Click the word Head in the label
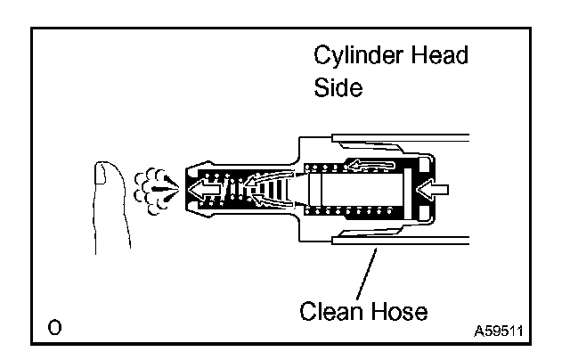[436, 57]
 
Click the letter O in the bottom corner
[56, 331]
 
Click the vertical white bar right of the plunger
[410, 189]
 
